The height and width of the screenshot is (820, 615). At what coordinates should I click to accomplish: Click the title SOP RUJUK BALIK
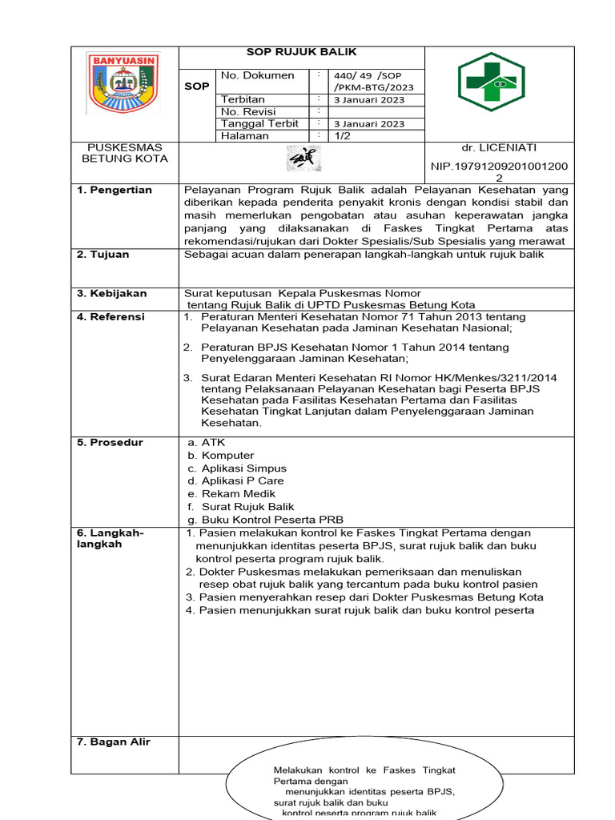(x=301, y=52)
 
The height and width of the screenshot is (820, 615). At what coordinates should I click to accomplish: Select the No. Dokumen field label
(x=257, y=75)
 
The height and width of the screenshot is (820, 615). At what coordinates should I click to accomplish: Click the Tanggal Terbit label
(x=259, y=123)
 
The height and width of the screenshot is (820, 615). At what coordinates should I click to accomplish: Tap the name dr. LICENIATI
(x=499, y=148)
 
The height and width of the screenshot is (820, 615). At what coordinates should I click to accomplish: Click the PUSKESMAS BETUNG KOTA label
(x=124, y=153)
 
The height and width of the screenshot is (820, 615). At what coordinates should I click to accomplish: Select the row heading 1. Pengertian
(x=114, y=190)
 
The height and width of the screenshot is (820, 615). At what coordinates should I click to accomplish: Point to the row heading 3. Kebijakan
(x=111, y=293)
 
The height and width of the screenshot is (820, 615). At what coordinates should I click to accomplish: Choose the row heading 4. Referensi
(x=111, y=317)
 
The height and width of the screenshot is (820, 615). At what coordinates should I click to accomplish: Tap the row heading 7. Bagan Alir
(x=113, y=742)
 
